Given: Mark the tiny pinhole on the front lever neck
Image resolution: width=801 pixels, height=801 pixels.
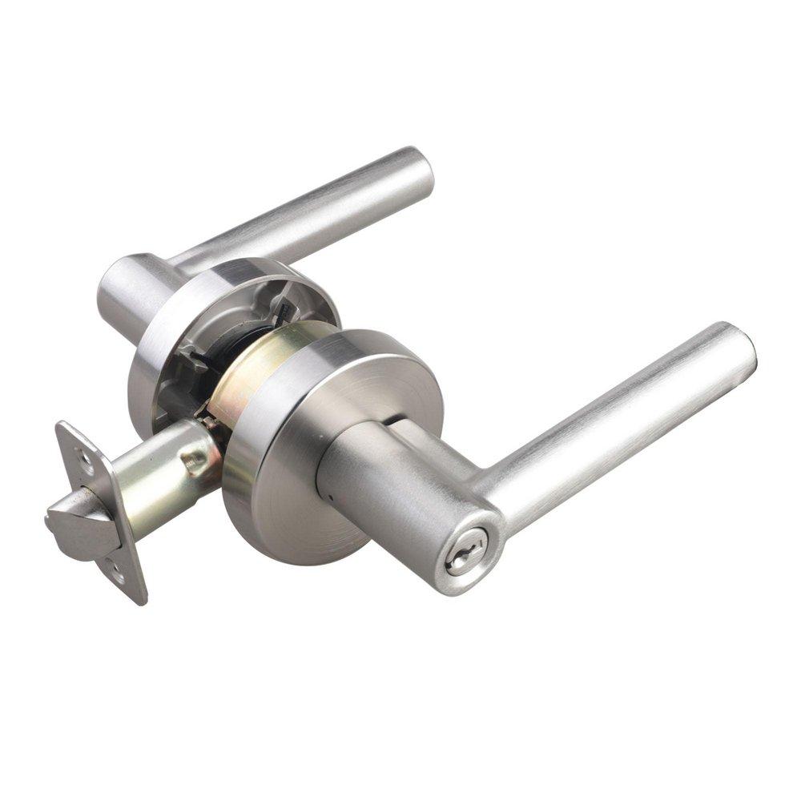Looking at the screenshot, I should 331,497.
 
